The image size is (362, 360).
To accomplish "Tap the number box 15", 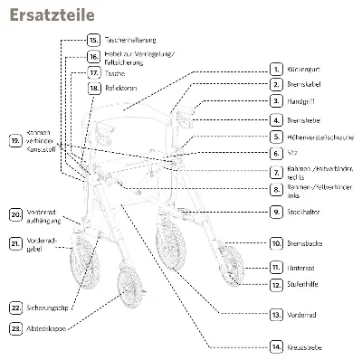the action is coord(93,41).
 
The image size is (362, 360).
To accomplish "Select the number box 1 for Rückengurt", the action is coord(277,69).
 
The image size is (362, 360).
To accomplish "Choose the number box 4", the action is coord(277,119).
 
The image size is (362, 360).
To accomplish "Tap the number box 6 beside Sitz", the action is coord(277,154).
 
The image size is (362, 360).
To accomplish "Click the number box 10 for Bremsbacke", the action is coord(277,243).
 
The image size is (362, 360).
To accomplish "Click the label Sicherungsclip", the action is coord(48,308).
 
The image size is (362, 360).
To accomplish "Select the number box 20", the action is coord(16,214).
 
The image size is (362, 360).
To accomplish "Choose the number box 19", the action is coord(15,142).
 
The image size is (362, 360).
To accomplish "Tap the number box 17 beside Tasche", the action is coord(93,71).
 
